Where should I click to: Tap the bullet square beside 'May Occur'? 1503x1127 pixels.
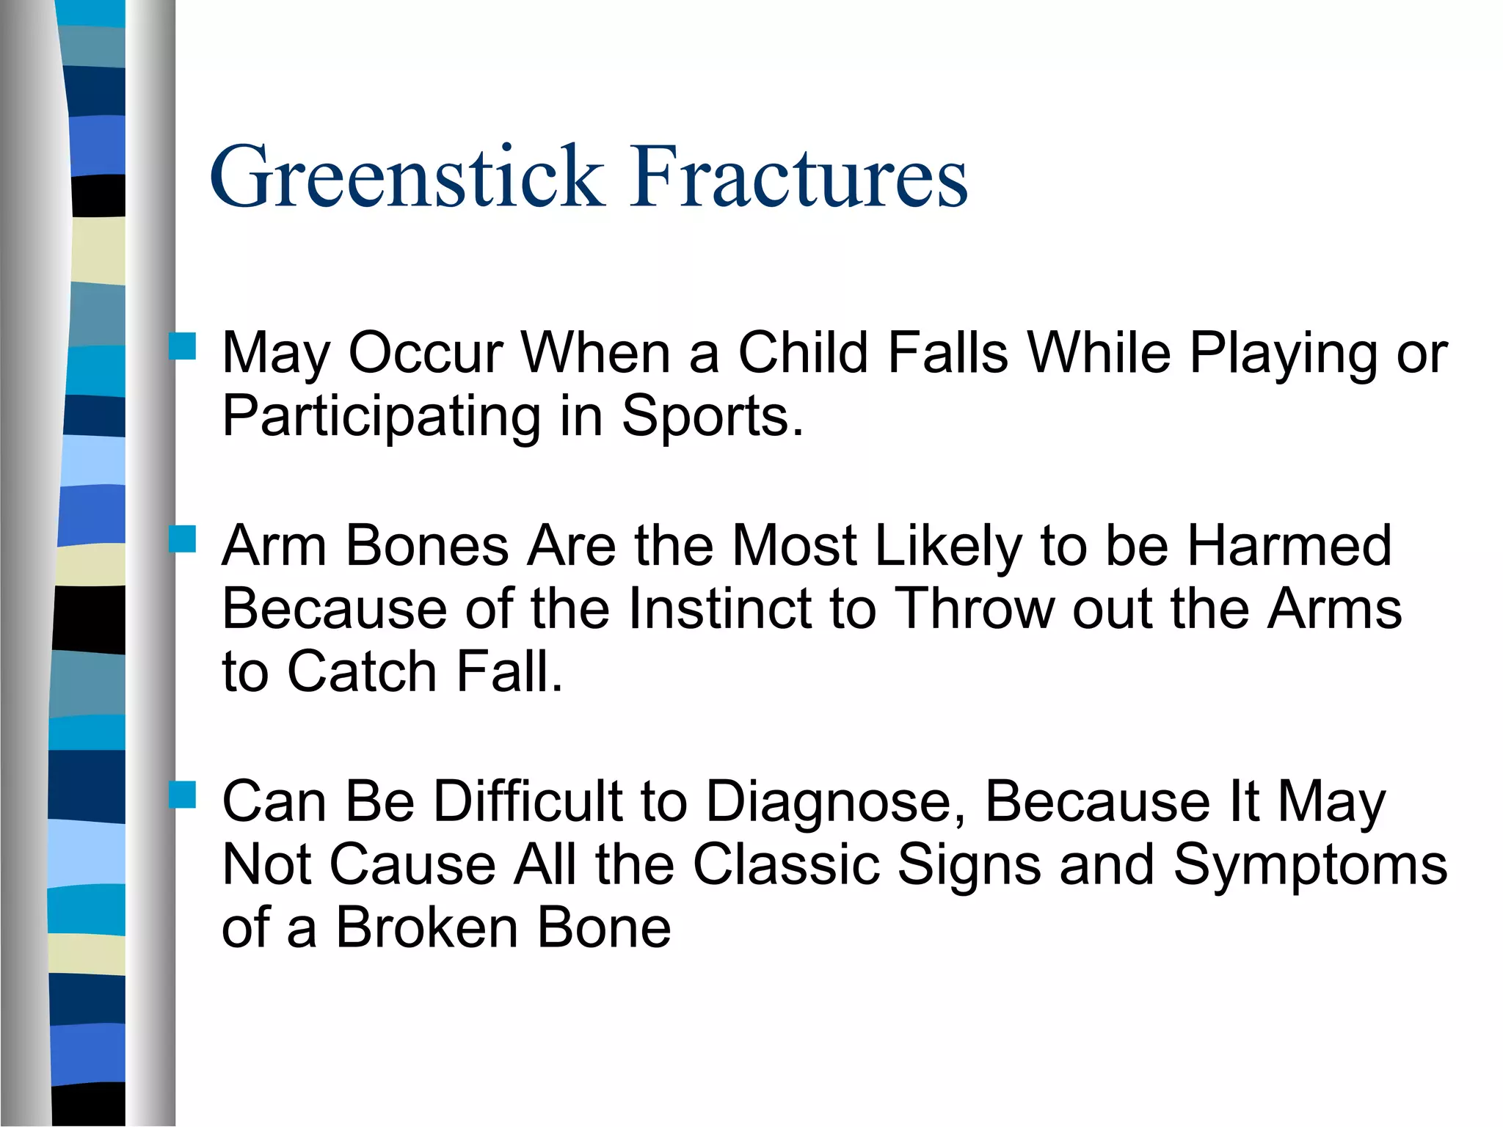point(182,346)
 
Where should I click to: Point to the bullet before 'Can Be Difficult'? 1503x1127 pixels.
point(182,795)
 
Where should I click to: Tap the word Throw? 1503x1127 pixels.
point(976,609)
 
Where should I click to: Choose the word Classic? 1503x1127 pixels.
point(786,865)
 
